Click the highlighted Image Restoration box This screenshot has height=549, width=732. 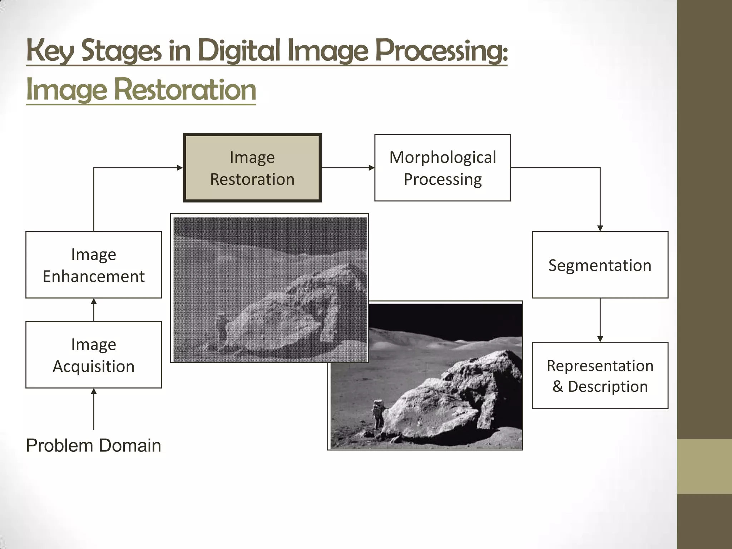[x=252, y=168]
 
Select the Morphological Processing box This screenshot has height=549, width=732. [x=442, y=168]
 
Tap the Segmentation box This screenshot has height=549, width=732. [x=600, y=265]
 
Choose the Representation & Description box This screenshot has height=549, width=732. [x=600, y=375]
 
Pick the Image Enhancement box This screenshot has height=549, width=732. [x=94, y=265]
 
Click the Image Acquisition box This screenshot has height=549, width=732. [x=94, y=355]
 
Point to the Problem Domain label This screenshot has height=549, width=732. [x=94, y=445]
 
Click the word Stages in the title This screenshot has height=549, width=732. [x=121, y=51]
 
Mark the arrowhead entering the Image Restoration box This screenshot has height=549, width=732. [x=180, y=168]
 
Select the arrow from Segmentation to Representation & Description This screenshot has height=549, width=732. [x=600, y=320]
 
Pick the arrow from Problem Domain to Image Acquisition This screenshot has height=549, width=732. [x=94, y=409]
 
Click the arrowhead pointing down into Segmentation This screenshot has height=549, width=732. [x=600, y=228]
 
